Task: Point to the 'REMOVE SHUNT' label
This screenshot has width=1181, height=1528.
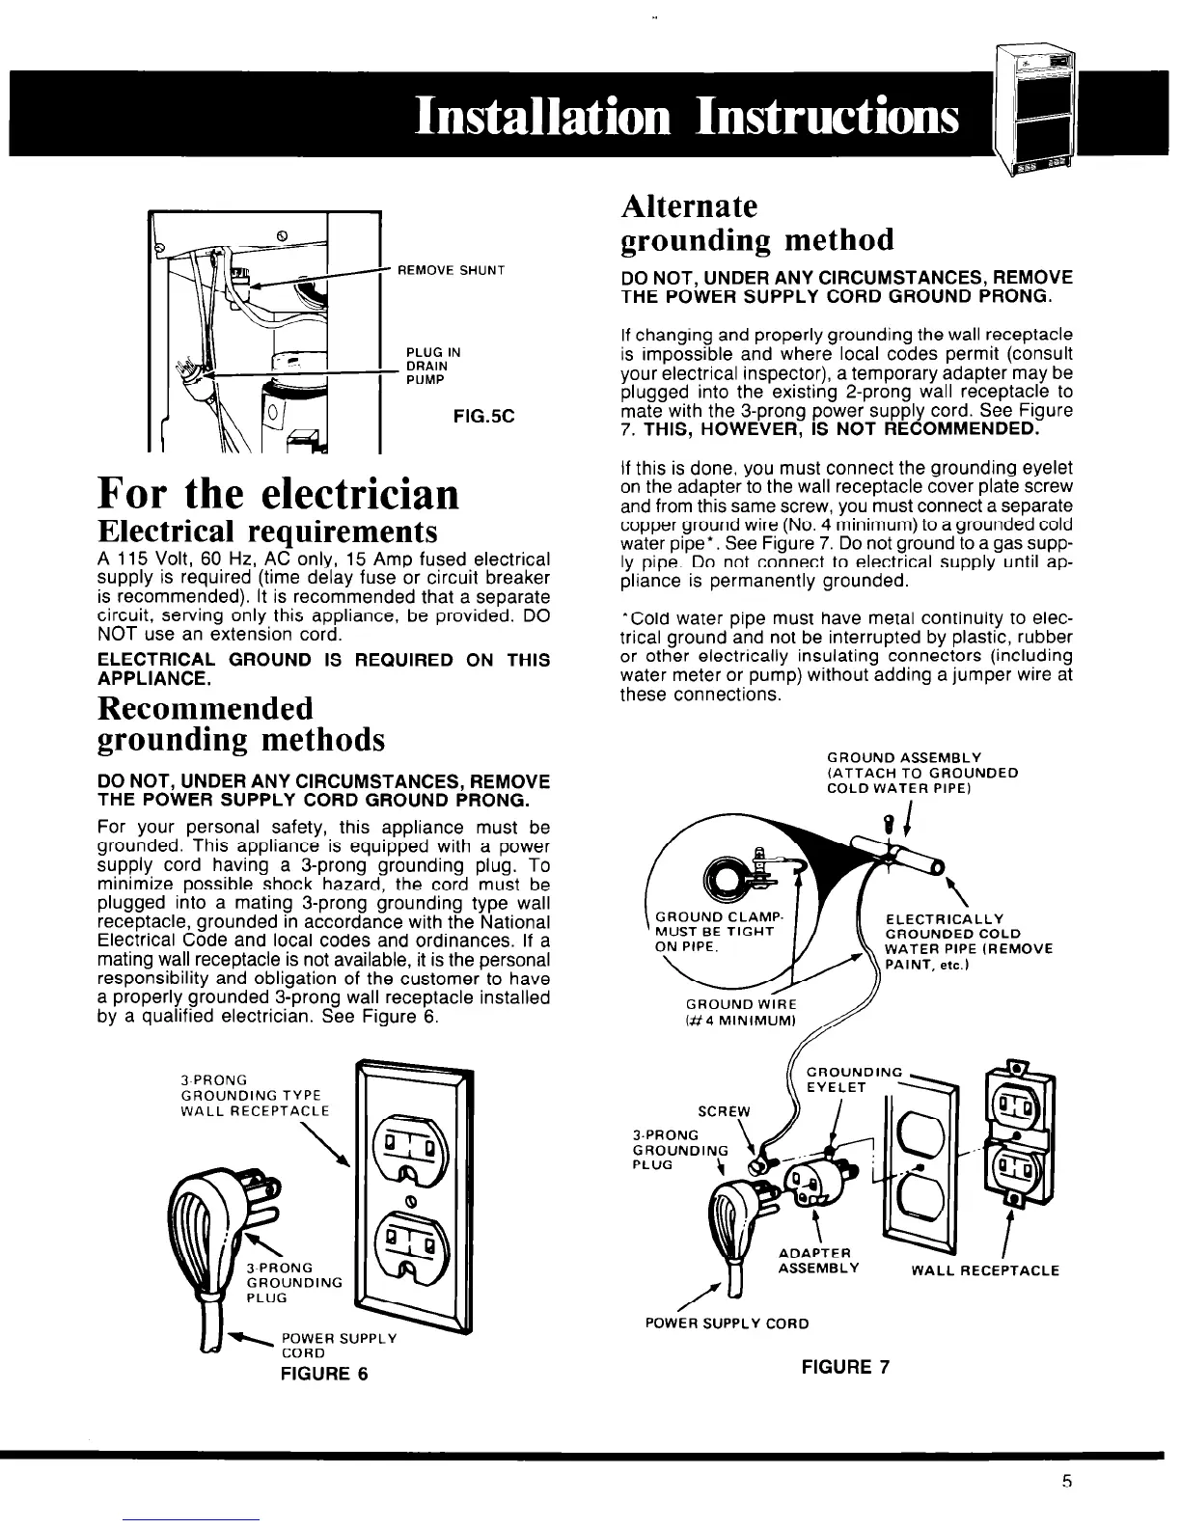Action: [x=453, y=270]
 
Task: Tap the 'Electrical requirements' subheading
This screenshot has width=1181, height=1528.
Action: [x=268, y=532]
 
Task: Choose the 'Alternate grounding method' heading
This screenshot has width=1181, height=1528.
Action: [x=756, y=223]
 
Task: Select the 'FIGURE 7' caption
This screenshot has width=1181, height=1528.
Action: [x=844, y=1366]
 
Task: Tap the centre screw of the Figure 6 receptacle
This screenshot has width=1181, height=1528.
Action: [x=409, y=1202]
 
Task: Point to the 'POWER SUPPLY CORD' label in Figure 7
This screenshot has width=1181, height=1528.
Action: [x=727, y=1323]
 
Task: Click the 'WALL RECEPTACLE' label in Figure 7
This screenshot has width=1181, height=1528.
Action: [x=985, y=1270]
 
